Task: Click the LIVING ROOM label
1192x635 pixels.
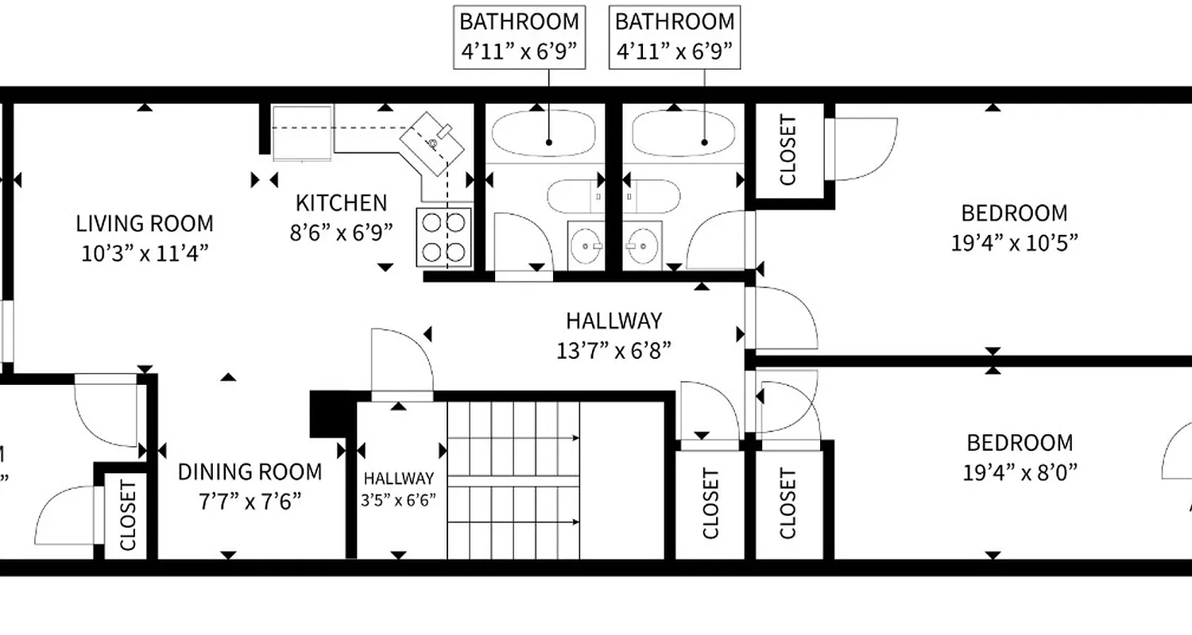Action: coord(145,223)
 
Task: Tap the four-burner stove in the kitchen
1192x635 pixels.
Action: coord(443,237)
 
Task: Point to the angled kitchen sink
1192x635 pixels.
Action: coord(433,143)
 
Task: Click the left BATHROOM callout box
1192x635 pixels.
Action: coord(518,37)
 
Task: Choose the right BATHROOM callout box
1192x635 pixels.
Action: coord(674,37)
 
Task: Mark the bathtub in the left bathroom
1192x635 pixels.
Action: coord(544,133)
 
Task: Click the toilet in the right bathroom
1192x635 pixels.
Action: coord(652,195)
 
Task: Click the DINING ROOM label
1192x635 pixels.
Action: coord(250,472)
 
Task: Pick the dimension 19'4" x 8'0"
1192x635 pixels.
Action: coord(1020,472)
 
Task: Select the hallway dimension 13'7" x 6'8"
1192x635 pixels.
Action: coord(613,349)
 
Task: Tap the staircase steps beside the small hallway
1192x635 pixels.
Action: coord(513,479)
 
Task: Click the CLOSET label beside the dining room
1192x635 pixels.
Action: coord(128,514)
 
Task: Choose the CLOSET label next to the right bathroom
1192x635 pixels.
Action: coord(788,150)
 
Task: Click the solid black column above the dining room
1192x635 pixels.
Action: coord(325,414)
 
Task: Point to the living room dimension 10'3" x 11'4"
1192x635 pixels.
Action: coord(145,253)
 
